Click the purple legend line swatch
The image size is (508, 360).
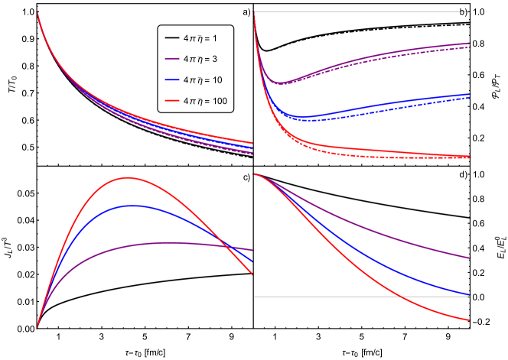172,59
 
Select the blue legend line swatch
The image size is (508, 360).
172,79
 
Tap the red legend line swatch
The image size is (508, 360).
172,100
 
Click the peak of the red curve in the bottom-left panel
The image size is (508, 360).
128,177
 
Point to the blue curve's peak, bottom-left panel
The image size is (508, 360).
132,206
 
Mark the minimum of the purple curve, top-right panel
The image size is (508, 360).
280,83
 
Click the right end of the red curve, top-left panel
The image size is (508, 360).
252,142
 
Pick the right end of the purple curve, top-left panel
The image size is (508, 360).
252,153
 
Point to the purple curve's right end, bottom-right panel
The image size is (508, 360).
470,258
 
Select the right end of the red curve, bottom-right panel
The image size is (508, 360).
470,320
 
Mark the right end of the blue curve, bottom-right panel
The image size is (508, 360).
470,294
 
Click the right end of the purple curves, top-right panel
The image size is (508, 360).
469,45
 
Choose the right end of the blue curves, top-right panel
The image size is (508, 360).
469,96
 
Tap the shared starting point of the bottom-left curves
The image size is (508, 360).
37,328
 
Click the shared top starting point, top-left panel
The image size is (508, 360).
37,12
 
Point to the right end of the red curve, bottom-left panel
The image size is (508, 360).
252,274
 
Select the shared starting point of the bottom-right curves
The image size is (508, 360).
255,174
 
